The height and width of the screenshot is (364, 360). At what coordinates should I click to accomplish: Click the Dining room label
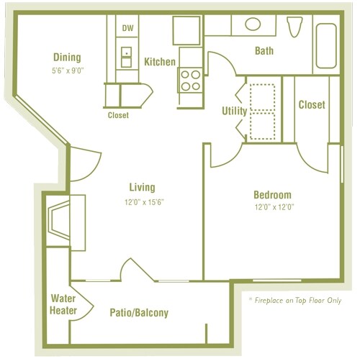pos(66,58)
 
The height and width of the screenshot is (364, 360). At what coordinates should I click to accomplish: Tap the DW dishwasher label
pos(127,29)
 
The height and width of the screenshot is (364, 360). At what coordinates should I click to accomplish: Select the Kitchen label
pos(159,62)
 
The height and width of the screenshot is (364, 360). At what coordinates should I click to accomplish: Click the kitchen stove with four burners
pos(191,79)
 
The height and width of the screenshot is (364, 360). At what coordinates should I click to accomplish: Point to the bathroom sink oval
pos(253,24)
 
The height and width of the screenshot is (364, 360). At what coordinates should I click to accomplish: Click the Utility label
pos(234,112)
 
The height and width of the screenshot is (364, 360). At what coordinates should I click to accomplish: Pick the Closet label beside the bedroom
pos(311,105)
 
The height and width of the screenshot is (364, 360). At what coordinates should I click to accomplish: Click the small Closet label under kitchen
pos(118,115)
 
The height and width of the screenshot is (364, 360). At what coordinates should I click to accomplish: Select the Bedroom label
pos(272,195)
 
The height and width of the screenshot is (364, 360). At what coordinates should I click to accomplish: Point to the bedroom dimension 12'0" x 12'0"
pos(272,207)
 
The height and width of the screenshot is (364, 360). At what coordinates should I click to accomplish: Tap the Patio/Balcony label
pos(139,313)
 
